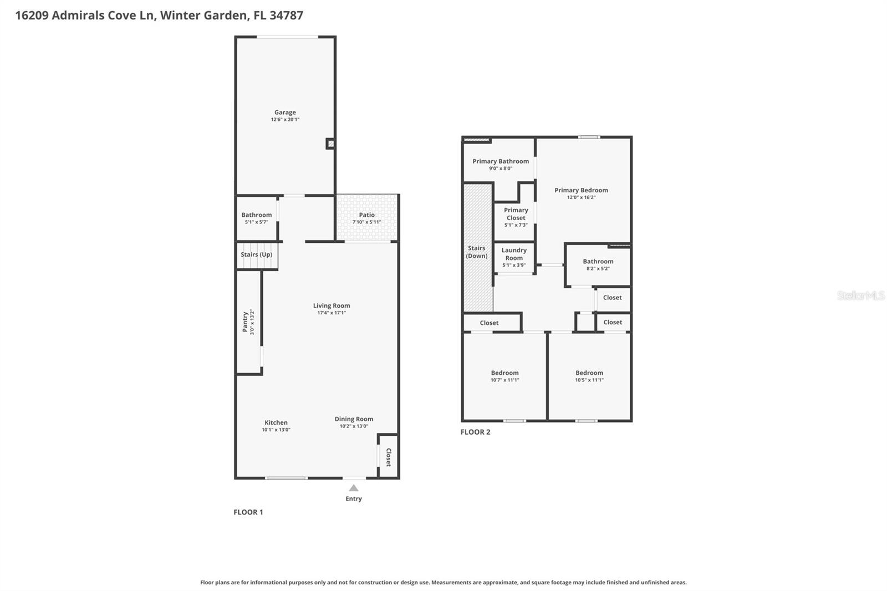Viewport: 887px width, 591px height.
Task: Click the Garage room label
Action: click(x=285, y=113)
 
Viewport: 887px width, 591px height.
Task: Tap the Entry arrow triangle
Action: click(x=354, y=488)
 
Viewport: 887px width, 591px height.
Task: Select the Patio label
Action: click(x=366, y=215)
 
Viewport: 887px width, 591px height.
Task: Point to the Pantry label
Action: click(x=245, y=322)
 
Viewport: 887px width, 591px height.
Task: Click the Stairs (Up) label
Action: click(x=256, y=255)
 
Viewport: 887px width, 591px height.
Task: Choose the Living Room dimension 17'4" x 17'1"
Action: click(x=332, y=313)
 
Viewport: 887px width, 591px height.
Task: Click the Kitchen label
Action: click(x=276, y=422)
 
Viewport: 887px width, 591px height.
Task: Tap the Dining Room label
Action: click(x=354, y=419)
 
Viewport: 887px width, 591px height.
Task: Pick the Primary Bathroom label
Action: click(x=501, y=161)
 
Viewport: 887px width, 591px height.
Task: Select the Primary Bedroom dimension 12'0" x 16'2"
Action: click(x=581, y=197)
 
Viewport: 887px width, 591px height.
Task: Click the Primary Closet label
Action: click(x=516, y=214)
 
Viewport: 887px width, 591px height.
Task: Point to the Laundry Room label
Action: click(x=514, y=254)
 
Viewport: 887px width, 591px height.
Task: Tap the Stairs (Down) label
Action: click(x=477, y=252)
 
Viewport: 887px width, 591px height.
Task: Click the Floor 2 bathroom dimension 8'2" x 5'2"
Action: click(x=598, y=269)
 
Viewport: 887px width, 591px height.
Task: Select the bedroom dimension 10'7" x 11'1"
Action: click(x=504, y=380)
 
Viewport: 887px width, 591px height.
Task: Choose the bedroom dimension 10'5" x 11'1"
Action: click(x=589, y=380)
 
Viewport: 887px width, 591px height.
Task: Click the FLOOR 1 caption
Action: click(x=248, y=512)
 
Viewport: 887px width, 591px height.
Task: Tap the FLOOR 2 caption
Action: click(x=476, y=432)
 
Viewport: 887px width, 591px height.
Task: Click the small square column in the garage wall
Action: click(x=330, y=144)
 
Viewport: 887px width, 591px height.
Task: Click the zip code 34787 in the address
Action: click(x=286, y=16)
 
